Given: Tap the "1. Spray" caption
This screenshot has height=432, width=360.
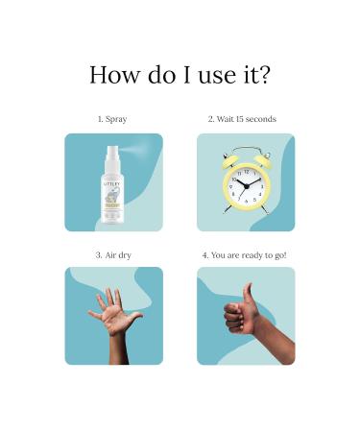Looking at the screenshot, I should [x=113, y=119].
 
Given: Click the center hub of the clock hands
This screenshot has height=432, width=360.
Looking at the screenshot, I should [x=247, y=185].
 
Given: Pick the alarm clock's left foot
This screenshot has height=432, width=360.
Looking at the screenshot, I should [x=231, y=212].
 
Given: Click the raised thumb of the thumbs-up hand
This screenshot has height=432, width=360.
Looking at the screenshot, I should [x=248, y=293].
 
